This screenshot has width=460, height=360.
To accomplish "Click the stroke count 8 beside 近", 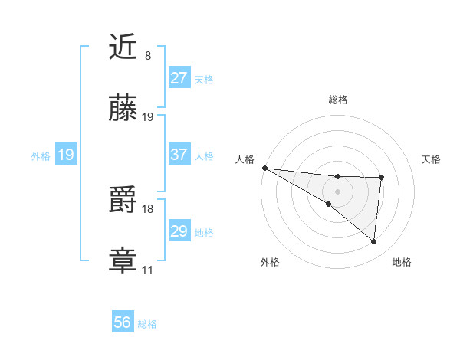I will (x=147, y=56).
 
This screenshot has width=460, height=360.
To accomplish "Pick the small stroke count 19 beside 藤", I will (x=148, y=117).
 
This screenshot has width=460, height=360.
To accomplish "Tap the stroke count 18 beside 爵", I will (x=148, y=208).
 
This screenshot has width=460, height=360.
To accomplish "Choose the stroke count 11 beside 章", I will (x=148, y=270).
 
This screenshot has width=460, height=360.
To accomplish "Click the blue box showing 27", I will (x=179, y=78).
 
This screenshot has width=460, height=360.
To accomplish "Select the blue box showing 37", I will (x=179, y=155).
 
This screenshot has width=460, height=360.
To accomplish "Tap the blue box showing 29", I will (x=179, y=231).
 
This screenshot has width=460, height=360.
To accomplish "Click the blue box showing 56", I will (x=123, y=322).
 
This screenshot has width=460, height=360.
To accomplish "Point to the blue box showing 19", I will (x=66, y=155).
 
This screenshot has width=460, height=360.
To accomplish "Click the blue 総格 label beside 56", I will (x=148, y=324).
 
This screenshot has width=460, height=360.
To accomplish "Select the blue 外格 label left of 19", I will (x=41, y=156).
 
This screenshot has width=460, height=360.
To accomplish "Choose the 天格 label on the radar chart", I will (x=432, y=159).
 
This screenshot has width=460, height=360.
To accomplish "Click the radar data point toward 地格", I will (x=374, y=241).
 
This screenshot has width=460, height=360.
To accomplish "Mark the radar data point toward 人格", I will (x=264, y=167).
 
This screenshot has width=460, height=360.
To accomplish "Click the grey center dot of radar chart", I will (x=337, y=191).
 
